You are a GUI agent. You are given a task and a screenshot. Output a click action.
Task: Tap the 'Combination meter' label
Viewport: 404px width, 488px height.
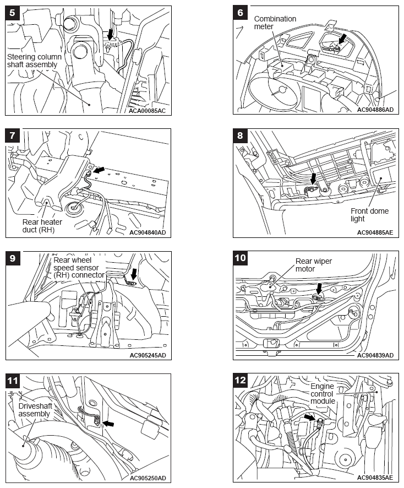(x=275, y=23)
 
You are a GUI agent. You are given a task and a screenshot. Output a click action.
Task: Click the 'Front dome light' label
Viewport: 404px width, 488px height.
(x=370, y=215)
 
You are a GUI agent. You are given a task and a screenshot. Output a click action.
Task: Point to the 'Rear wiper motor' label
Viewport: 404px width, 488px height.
(x=314, y=265)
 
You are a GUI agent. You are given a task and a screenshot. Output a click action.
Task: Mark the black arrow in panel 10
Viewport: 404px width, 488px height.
(x=319, y=289)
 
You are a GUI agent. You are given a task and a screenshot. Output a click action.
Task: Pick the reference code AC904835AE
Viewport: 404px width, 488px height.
(x=375, y=478)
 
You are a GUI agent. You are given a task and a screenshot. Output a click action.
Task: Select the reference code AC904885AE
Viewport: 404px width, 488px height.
(x=375, y=232)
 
